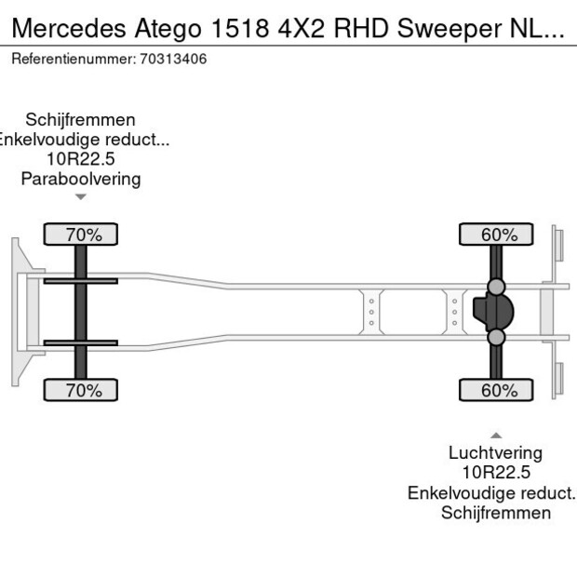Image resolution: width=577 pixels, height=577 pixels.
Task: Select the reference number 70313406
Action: click(x=172, y=59)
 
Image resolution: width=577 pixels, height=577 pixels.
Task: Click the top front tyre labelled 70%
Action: click(x=81, y=235)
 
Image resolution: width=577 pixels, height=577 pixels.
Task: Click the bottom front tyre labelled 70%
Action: click(x=81, y=390)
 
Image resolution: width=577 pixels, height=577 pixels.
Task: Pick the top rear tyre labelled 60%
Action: click(x=497, y=235)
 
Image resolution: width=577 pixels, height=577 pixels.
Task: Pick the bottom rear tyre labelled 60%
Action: click(x=497, y=390)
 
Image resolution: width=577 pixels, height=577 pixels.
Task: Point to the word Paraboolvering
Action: click(x=81, y=179)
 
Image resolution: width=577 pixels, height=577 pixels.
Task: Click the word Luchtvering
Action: click(x=495, y=453)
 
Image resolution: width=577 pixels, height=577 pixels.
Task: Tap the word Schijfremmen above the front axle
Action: click(x=81, y=120)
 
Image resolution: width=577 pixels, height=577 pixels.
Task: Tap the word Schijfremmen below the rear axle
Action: click(x=495, y=513)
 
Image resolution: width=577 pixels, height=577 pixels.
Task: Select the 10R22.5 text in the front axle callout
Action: click(x=81, y=159)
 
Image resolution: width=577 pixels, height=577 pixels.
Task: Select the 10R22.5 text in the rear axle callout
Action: click(x=495, y=473)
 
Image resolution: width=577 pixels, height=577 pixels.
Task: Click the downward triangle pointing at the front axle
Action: click(x=81, y=196)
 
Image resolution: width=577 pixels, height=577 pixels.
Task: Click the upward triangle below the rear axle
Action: click(x=496, y=435)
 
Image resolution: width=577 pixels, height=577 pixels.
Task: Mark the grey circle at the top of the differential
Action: click(x=497, y=287)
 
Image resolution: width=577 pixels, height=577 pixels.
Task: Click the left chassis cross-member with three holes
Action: click(x=371, y=312)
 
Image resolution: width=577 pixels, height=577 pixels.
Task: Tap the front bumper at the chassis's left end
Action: click(x=19, y=312)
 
